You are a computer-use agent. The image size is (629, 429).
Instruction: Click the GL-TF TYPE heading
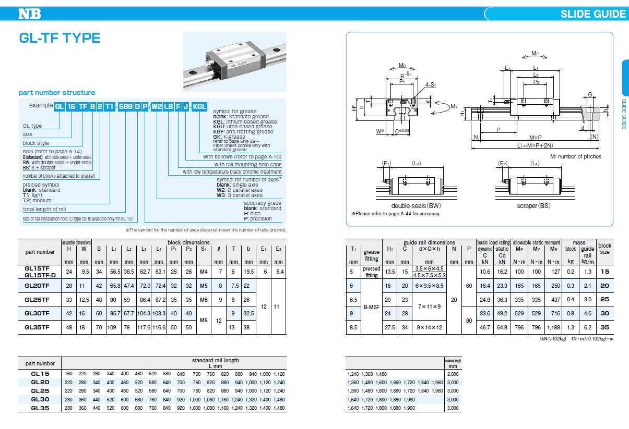click(60, 38)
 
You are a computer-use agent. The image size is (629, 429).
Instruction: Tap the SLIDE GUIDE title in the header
click(592, 14)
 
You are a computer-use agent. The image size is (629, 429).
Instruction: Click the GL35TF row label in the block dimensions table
click(37, 327)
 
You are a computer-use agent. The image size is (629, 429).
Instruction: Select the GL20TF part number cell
click(37, 286)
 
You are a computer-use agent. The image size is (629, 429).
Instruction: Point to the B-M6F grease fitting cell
click(372, 307)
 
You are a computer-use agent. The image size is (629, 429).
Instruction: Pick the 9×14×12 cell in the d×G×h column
click(429, 327)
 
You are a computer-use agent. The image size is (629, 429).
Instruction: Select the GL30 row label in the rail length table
click(40, 399)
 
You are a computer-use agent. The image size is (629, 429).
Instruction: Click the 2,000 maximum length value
click(452, 374)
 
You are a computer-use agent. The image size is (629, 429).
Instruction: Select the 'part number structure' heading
click(57, 92)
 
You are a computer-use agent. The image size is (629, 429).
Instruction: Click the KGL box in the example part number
click(199, 106)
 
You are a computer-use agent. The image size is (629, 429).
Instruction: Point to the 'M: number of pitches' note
click(575, 156)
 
